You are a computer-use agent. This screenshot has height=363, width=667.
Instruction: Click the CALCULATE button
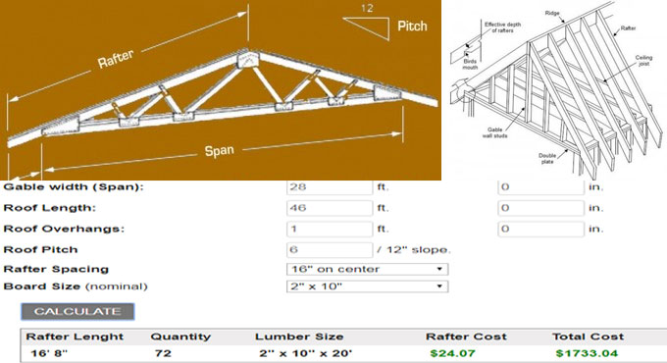[77, 311]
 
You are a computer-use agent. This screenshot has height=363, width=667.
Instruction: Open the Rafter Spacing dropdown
[367, 268]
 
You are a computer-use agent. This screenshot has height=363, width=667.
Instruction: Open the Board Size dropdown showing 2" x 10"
[367, 286]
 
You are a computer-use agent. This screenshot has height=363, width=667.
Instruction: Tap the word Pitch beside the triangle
[412, 26]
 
